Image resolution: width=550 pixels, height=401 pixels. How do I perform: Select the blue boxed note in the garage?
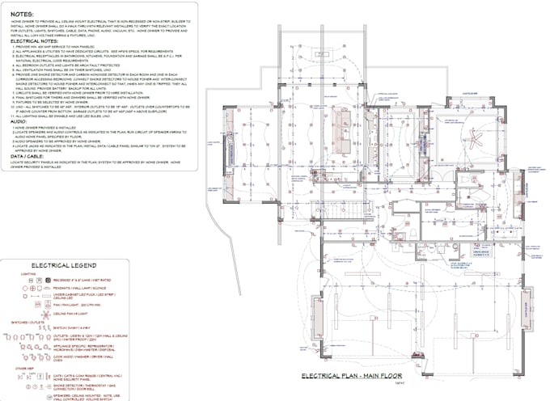[480, 252]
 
